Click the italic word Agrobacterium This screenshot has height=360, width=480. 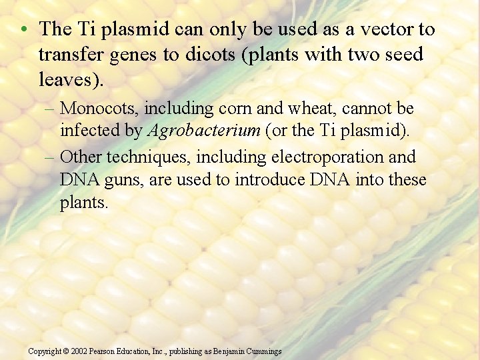(x=203, y=131)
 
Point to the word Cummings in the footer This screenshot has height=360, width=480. (x=263, y=351)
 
